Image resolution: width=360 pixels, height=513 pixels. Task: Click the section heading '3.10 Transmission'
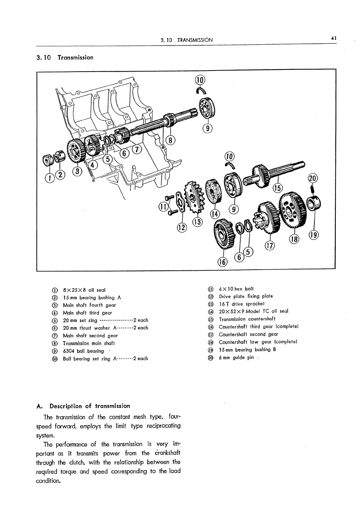tap(65, 58)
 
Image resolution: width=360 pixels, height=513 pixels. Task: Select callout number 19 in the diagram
tap(313, 235)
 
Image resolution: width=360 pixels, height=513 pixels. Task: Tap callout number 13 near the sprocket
tap(197, 222)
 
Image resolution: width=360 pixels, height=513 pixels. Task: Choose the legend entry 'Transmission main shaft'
tap(89, 343)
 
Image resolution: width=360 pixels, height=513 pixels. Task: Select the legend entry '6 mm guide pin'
tap(236, 357)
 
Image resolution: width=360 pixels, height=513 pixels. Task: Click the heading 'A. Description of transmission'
tap(83, 406)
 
